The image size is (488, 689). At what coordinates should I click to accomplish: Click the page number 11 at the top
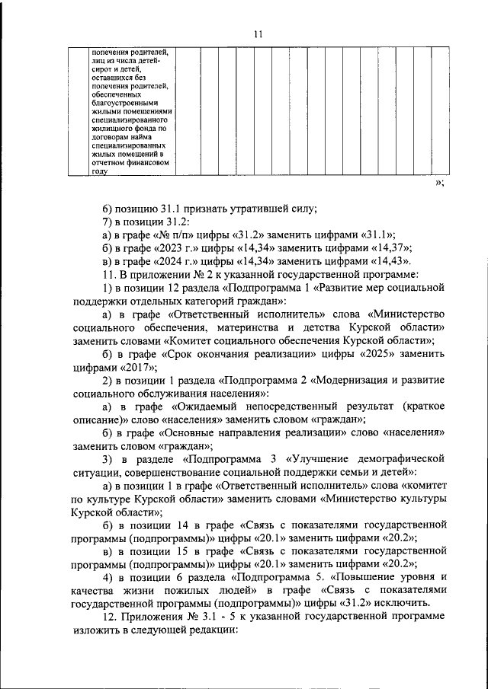258,33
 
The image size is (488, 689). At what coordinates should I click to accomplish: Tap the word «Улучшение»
320,459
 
